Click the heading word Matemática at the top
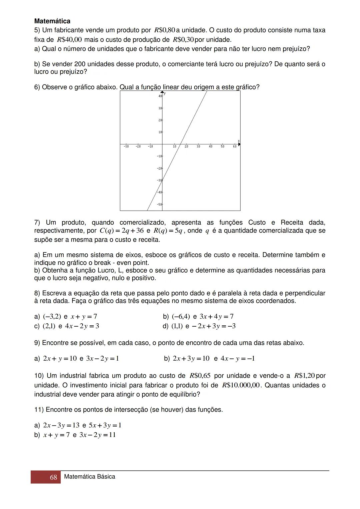coord(52,21)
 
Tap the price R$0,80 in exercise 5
coord(165,30)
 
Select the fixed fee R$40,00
coord(69,40)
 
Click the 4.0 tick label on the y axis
coord(160,96)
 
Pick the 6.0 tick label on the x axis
coord(235,147)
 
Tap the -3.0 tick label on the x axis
coord(126,147)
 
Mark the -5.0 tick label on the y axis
coord(159,204)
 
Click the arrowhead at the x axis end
coord(239,144)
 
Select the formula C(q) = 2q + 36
coord(122,231)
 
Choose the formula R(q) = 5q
coord(168,231)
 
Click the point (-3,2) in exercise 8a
coord(52,316)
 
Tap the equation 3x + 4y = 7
coord(216,316)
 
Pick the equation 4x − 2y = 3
coord(82,326)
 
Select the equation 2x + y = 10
coord(60,359)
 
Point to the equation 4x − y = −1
coord(238,359)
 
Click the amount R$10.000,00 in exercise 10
coord(241,385)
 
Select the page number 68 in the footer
coord(53,477)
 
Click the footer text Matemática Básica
coord(89,477)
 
